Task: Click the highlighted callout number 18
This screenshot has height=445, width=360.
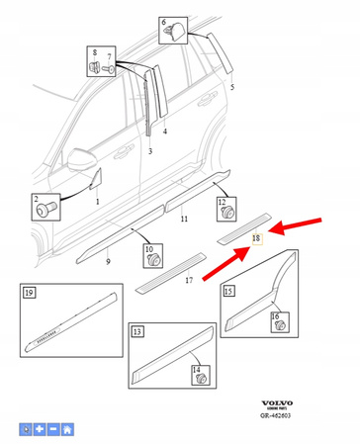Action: point(255,237)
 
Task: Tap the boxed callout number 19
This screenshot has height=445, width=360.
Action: point(29,294)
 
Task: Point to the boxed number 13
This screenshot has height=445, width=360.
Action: point(136,330)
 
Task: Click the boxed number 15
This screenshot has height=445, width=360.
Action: point(228,291)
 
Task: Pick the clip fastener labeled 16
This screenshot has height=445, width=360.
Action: point(278,322)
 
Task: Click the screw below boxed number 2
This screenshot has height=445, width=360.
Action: point(46,211)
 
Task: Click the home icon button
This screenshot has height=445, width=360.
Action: point(67,429)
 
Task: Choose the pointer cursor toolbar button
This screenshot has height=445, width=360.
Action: point(26,429)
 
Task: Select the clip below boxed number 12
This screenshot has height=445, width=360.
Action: point(228,212)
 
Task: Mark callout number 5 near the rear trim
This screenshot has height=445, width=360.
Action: point(231,87)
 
